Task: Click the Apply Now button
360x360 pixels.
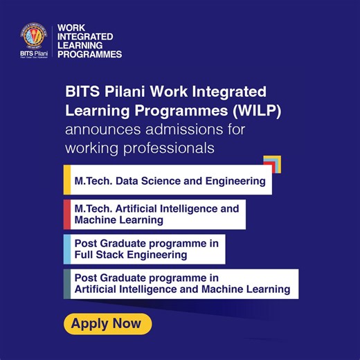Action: pyautogui.click(x=107, y=323)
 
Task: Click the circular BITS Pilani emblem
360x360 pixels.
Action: pyautogui.click(x=33, y=36)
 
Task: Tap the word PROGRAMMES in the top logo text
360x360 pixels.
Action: pyautogui.click(x=89, y=54)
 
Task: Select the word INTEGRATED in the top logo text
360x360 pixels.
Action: pyautogui.click(x=85, y=36)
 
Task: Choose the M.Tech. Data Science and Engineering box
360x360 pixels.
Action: pyautogui.click(x=170, y=181)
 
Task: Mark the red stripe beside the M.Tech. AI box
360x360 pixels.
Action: pyautogui.click(x=66, y=214)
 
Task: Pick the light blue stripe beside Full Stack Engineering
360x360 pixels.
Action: pyautogui.click(x=66, y=249)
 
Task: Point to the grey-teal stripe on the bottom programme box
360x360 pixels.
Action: pyautogui.click(x=66, y=284)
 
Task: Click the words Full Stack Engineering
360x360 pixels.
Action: pyautogui.click(x=131, y=255)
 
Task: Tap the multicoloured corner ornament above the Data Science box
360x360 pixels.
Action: pyautogui.click(x=272, y=164)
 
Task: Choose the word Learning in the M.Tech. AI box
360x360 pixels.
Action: pyautogui.click(x=142, y=220)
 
